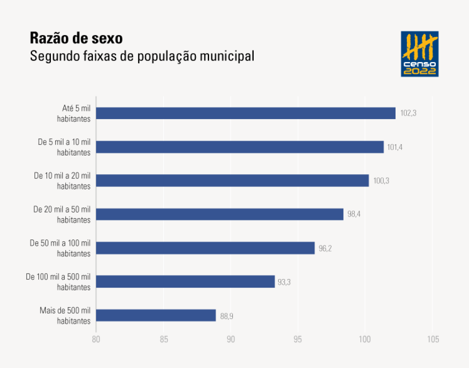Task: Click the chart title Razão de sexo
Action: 77,38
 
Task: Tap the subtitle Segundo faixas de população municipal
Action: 142,56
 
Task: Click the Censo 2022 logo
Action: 420,54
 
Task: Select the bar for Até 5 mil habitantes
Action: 245,113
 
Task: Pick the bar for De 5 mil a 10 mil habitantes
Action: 240,147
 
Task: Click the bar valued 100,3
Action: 232,180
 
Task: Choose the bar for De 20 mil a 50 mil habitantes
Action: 220,214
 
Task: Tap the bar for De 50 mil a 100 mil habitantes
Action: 205,248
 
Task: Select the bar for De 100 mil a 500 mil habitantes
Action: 185,282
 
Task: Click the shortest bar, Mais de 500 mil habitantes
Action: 156,315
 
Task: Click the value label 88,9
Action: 227,316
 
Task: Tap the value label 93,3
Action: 285,282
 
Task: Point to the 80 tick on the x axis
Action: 96,339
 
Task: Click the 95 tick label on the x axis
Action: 298,339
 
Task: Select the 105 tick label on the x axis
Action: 432,339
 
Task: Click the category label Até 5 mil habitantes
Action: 74,113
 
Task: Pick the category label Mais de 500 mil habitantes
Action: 65,316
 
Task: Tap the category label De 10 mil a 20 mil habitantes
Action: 63,180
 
